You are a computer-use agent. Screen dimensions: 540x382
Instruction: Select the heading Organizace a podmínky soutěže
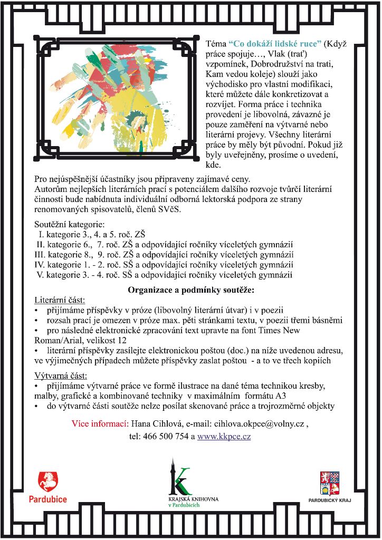(x=191, y=290)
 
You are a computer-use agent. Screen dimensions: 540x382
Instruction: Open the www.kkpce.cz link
(x=224, y=437)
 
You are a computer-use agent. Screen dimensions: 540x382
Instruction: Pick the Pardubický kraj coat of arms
(x=330, y=482)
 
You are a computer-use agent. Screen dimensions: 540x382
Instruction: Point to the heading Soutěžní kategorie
(x=70, y=224)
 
